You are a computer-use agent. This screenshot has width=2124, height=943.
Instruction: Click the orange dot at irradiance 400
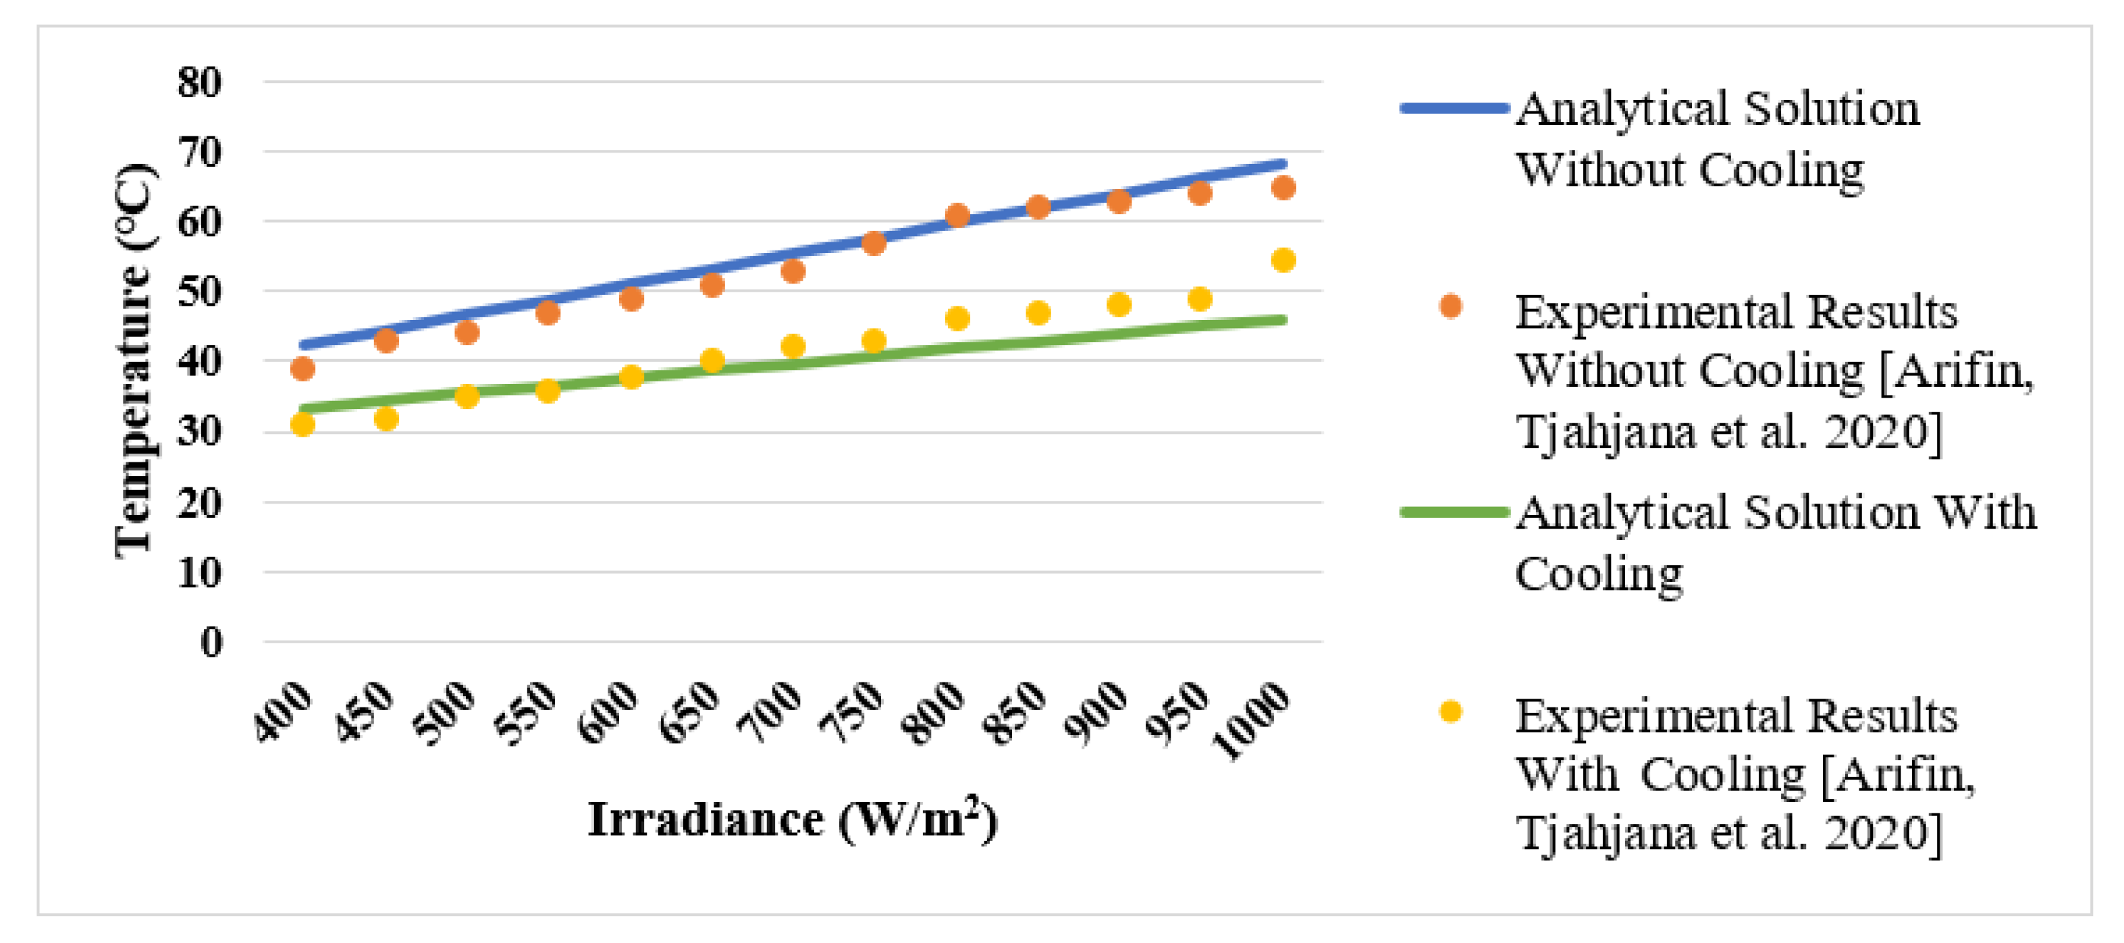pos(302,369)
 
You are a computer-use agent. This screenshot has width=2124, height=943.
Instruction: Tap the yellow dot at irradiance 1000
pos(1283,261)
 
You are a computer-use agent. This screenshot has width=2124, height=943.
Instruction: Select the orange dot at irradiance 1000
pos(1283,188)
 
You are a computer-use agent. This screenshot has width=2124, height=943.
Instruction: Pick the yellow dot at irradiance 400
pos(302,425)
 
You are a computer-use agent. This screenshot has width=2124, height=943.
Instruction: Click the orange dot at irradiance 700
pos(793,271)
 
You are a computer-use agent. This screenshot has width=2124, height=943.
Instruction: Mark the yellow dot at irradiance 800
pos(957,318)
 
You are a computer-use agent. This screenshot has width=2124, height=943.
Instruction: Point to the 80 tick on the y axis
pos(200,82)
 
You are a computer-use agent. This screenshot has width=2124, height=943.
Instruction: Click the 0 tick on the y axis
pos(211,642)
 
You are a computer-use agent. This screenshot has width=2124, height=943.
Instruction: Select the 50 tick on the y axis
pos(200,292)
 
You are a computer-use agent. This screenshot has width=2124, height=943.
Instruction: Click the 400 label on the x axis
pos(283,712)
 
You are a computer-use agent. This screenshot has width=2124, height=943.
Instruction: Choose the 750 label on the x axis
pos(851,712)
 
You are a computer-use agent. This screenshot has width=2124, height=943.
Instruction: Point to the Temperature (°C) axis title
pos(134,360)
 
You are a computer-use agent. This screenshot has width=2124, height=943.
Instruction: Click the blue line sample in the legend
pos(1453,108)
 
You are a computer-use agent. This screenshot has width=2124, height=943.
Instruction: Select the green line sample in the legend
pos(1453,512)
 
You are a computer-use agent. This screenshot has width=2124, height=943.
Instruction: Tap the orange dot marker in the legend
pos(1450,306)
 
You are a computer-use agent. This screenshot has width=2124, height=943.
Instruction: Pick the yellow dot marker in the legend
pos(1450,711)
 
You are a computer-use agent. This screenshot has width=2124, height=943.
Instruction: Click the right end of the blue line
pos(1282,164)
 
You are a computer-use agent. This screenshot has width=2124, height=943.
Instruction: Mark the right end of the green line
pos(1282,320)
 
